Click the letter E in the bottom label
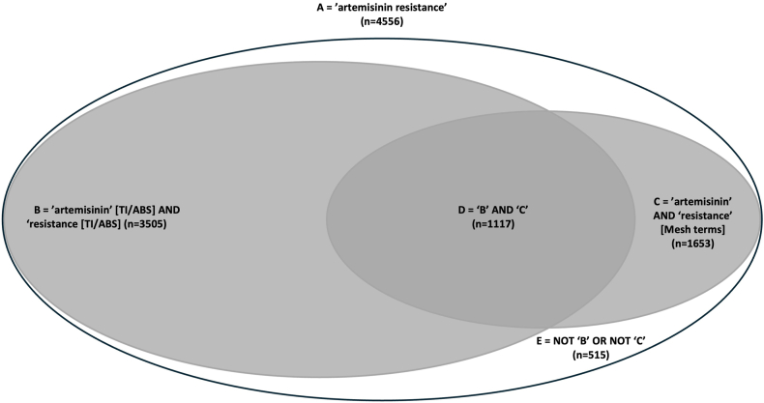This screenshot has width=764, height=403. [539, 341]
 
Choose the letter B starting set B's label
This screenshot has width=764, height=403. [38, 209]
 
